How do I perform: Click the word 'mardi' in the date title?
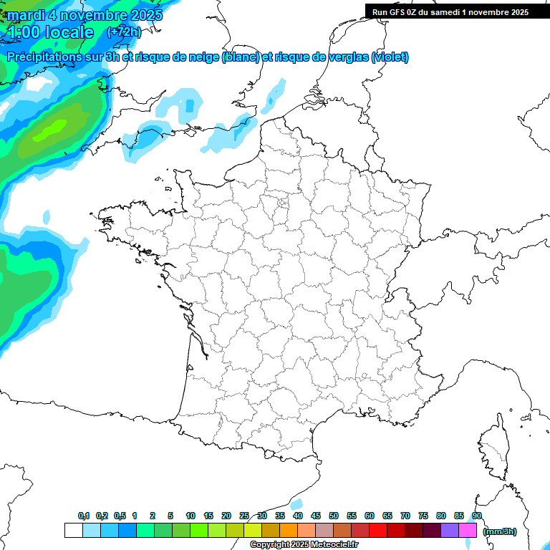26,15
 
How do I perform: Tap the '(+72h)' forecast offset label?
125,32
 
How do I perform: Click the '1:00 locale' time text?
50,32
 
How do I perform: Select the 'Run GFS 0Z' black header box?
450,11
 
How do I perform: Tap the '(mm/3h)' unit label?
500,531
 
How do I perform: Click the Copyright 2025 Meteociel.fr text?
304,545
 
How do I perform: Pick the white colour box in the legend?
73,530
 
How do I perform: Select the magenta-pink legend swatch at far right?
468,530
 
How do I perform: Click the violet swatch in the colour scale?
450,530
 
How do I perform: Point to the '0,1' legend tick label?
83,516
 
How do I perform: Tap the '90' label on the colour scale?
476,516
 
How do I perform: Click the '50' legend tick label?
334,516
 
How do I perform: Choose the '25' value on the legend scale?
244,516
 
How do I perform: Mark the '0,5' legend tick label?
119,516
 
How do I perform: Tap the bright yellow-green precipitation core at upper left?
54,129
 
